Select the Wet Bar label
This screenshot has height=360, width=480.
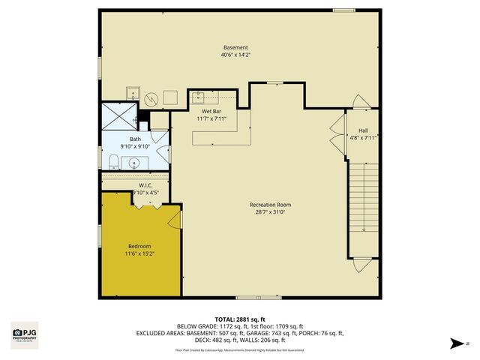tap(211, 111)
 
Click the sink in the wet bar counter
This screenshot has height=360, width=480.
tap(199, 97)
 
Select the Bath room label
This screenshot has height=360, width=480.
tap(135, 139)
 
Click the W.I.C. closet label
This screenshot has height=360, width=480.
tap(145, 185)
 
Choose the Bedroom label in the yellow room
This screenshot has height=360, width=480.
tap(139, 247)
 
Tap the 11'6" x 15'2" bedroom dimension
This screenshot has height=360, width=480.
tap(139, 254)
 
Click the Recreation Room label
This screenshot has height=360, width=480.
tap(270, 205)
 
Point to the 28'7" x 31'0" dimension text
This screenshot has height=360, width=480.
tap(270, 212)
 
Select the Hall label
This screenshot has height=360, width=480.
tap(363, 130)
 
